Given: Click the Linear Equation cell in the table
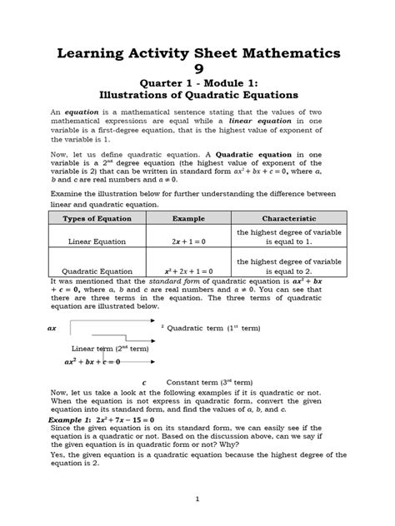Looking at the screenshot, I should point(97,241).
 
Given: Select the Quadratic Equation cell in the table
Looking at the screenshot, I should point(97,271).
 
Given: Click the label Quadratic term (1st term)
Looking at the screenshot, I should point(214,329).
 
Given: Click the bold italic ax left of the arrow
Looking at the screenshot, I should point(52,329).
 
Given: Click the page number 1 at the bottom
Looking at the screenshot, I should point(197,499).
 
